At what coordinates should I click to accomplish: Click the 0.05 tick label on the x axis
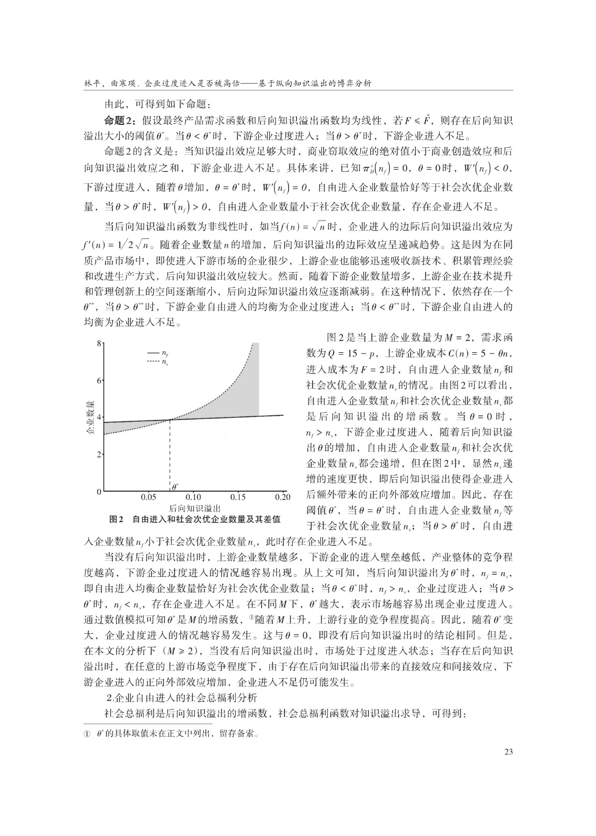(148, 497)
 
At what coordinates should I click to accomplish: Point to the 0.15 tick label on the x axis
(238, 497)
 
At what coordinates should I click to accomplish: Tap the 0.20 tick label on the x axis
(282, 497)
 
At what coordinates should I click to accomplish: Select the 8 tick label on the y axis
(99, 343)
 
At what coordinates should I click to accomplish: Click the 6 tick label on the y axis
(99, 380)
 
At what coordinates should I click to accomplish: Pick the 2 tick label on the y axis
(99, 455)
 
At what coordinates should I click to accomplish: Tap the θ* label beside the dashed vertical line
(175, 486)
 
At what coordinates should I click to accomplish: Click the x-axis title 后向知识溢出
(194, 508)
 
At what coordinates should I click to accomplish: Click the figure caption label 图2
(116, 519)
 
